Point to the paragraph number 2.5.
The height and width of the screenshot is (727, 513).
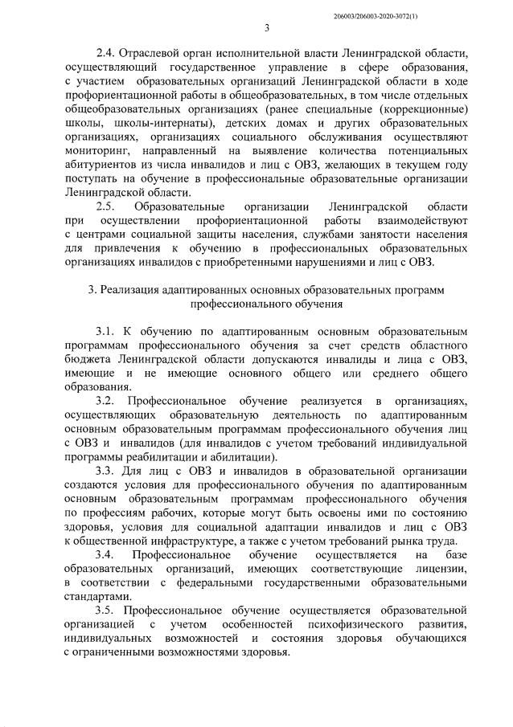105,206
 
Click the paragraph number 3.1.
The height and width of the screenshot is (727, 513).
105,330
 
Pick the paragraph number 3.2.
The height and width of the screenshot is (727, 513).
105,399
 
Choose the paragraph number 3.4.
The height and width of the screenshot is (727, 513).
105,555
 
